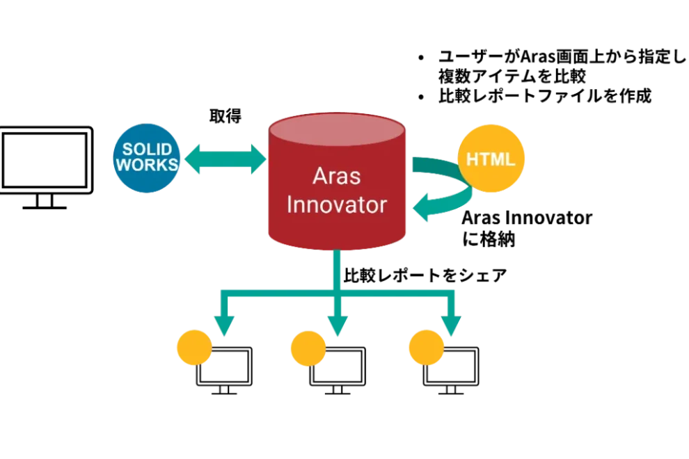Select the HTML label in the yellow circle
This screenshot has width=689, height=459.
491,159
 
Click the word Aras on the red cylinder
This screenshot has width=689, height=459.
336,175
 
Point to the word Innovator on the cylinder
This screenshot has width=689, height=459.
337,205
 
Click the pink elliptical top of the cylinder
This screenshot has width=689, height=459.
337,129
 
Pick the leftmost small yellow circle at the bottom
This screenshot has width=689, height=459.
193,347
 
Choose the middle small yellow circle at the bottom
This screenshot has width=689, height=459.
308,347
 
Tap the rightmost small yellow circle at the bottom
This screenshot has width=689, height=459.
426,347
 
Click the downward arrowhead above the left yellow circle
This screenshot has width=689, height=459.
223,324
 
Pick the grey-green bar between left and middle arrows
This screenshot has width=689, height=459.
278,305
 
